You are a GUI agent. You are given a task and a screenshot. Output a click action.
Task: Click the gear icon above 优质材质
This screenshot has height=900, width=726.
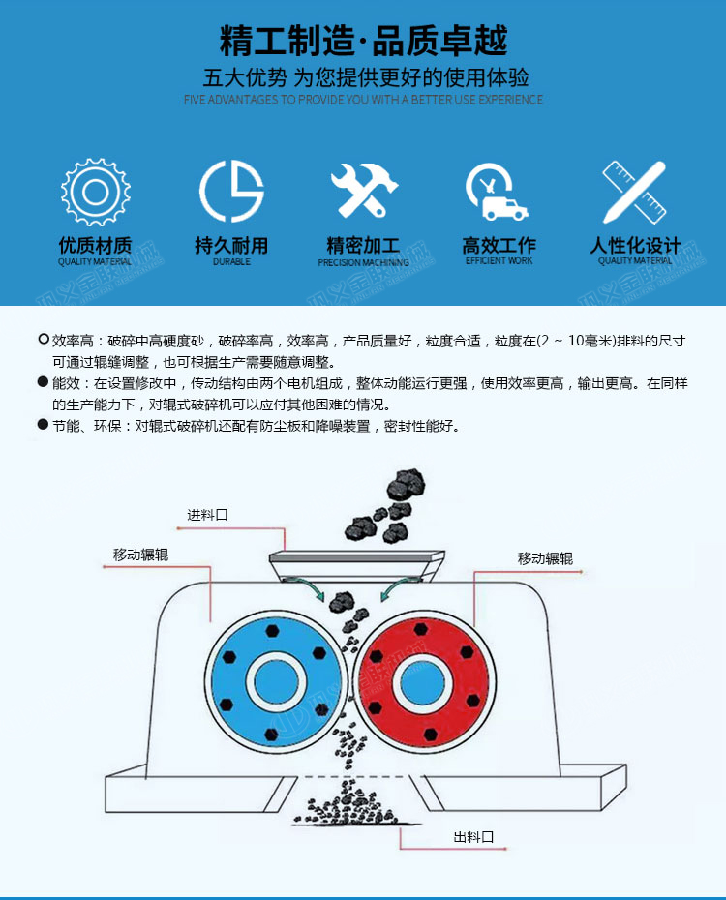tap(95, 192)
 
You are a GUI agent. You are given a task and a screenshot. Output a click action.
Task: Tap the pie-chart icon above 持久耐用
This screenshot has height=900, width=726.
tap(231, 191)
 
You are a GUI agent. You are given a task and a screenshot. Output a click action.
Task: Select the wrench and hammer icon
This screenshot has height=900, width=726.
tap(364, 191)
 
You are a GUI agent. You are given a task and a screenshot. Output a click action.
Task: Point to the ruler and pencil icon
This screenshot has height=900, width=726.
tap(634, 193)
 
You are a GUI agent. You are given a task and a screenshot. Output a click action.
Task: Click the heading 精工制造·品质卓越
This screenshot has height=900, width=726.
tap(363, 41)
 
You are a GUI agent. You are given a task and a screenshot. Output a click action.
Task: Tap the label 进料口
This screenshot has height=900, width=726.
tap(207, 515)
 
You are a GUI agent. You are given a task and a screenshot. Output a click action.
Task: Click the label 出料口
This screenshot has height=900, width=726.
tap(473, 837)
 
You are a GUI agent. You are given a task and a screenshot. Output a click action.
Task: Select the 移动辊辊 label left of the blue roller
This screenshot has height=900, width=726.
tap(140, 555)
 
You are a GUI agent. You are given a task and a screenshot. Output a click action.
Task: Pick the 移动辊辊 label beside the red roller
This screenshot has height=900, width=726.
tap(545, 558)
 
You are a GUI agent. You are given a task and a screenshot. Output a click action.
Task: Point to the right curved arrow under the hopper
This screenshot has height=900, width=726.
tap(395, 589)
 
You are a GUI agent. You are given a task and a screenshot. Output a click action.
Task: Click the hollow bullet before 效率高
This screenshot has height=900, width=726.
tap(43, 340)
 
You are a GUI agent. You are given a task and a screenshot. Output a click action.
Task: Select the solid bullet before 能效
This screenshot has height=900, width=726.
tap(43, 381)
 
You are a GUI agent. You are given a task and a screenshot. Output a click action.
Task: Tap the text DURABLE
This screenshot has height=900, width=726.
tap(231, 261)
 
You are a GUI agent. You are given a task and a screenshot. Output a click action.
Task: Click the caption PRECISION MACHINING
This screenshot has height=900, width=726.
tap(363, 262)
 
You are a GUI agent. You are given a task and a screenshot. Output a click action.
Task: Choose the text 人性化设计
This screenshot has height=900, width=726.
tap(635, 245)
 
